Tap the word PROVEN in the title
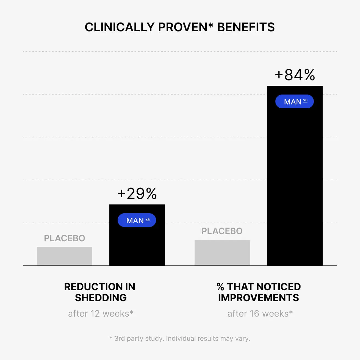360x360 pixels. tap(182, 27)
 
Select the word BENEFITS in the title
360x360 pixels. tap(246, 27)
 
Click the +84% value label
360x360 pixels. tap(295, 75)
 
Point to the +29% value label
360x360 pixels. tap(137, 193)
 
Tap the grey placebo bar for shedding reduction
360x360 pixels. tap(65, 256)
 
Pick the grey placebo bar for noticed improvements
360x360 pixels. tap(222, 253)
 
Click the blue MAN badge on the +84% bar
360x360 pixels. tap(295, 101)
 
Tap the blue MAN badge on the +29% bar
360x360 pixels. tap(137, 220)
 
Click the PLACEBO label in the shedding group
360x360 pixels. tap(65, 238)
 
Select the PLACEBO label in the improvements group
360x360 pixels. tap(222, 231)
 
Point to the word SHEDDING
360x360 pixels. tap(101, 298)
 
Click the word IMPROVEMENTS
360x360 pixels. tap(259, 298)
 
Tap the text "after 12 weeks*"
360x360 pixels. tap(101, 314)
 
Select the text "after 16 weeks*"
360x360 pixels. tap(260, 314)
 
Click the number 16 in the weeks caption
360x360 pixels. tap(254, 314)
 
